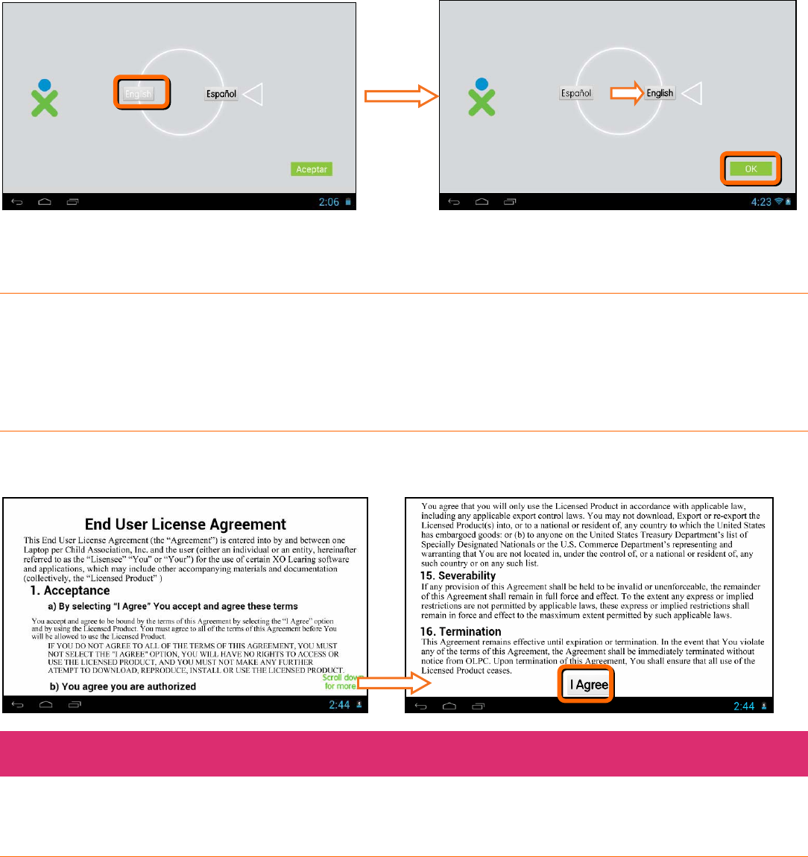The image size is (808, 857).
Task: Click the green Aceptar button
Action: (312, 169)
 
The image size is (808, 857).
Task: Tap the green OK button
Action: (751, 169)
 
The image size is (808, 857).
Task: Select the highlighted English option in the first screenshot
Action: (139, 94)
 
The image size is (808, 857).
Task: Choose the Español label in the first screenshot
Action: (221, 95)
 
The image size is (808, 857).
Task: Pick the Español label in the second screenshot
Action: (576, 94)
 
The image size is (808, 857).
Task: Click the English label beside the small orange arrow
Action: (660, 94)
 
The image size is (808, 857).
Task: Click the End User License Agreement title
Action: (186, 524)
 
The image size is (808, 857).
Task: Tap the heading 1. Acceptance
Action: (70, 590)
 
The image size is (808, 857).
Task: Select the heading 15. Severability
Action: (458, 575)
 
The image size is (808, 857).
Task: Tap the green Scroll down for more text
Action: (341, 682)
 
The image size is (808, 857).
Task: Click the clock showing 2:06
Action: (329, 202)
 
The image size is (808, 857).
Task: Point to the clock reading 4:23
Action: (761, 202)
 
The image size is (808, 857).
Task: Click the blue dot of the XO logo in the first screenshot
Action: (45, 85)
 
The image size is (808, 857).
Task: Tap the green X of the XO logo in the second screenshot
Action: (482, 103)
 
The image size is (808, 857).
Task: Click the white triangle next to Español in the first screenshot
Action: (253, 95)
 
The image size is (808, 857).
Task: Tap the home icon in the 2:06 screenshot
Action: (45, 202)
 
